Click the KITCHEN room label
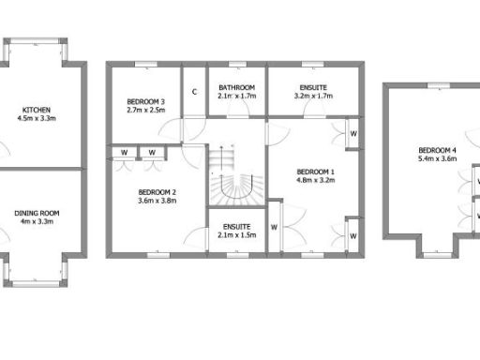[x=37, y=110]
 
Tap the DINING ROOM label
[x=37, y=213]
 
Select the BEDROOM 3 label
[x=145, y=101]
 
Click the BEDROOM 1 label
[x=315, y=172]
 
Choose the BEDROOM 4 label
[x=437, y=150]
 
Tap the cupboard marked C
[x=194, y=92]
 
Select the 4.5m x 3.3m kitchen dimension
[x=37, y=119]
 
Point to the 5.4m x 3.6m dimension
[x=437, y=159]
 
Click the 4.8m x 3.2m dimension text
[x=315, y=181]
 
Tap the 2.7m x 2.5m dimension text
[x=145, y=110]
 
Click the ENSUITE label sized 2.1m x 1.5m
[x=236, y=227]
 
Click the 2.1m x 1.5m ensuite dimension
[x=236, y=235]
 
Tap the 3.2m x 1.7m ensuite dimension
[x=312, y=96]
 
